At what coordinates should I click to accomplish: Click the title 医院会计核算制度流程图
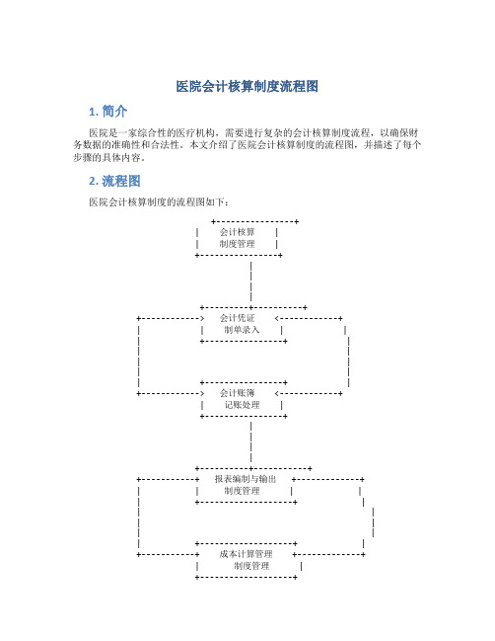tap(247, 86)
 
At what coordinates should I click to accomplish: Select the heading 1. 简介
tap(108, 112)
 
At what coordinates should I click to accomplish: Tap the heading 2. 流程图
tap(114, 181)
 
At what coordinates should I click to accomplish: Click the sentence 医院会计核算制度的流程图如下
tap(159, 201)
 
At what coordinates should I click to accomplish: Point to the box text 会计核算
tap(237, 232)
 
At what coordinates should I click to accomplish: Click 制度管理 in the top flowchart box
tap(237, 244)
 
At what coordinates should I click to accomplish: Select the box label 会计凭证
tap(237, 318)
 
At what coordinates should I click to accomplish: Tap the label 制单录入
tap(242, 330)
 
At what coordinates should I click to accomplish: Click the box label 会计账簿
tap(237, 393)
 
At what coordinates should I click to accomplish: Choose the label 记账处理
tap(242, 405)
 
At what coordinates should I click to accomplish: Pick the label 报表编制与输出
tap(246, 479)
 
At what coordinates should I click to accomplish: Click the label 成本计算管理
tap(247, 554)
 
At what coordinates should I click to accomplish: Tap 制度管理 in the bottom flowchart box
tap(251, 566)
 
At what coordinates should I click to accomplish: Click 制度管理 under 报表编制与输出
tap(242, 491)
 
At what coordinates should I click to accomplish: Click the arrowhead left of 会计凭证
tap(201, 318)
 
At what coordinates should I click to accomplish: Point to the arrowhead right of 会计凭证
tap(277, 318)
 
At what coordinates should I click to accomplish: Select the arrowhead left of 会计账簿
tap(201, 394)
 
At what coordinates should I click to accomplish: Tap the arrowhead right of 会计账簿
tap(277, 394)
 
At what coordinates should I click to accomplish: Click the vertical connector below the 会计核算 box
tap(251, 281)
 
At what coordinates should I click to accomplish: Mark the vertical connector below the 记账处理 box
tap(251, 441)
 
